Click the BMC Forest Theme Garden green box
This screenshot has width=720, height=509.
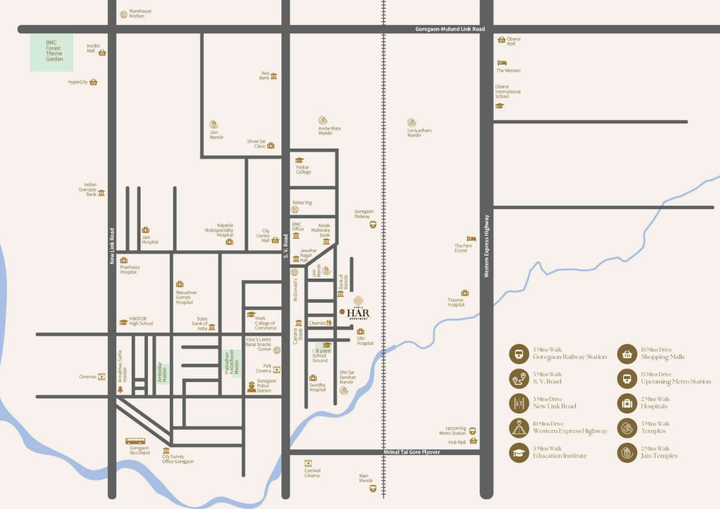(52, 52)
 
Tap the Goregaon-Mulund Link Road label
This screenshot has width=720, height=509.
(450, 29)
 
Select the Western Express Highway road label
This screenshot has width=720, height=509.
(487, 246)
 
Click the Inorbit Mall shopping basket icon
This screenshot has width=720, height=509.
(102, 53)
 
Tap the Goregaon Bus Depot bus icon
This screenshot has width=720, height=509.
(135, 441)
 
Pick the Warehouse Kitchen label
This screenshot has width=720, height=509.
(140, 13)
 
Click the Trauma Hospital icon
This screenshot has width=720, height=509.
(465, 293)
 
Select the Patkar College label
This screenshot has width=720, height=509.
(303, 170)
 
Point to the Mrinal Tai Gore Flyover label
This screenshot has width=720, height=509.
(411, 452)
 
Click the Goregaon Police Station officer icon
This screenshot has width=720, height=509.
(251, 386)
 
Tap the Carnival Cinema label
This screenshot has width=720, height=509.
(312, 473)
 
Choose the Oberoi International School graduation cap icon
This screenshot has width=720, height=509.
(500, 106)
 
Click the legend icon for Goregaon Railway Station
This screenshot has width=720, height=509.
(519, 354)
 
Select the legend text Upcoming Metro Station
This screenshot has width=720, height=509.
(676, 382)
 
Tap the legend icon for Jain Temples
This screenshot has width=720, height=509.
(627, 452)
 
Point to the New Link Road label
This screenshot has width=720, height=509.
(112, 246)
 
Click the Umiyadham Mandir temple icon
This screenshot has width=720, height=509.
(412, 122)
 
